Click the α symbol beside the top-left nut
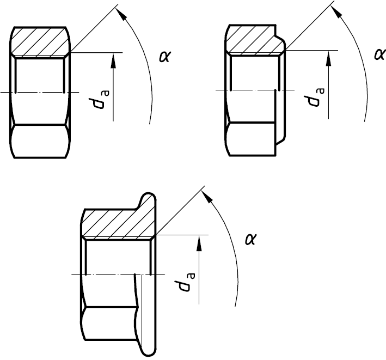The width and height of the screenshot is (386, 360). (165, 57)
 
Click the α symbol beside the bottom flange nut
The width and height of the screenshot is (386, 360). (251, 239)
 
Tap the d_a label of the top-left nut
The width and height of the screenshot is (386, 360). (99, 100)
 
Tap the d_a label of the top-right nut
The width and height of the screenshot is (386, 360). (314, 97)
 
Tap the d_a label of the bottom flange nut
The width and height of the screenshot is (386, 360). (185, 282)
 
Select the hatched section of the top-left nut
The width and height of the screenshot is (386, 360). (41, 42)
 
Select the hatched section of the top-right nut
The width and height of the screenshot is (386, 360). (255, 40)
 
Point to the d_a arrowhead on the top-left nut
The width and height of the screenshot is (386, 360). (113, 61)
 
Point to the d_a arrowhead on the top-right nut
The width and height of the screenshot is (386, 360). (328, 59)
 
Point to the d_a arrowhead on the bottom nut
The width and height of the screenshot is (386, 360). (199, 243)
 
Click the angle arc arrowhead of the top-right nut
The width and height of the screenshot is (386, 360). (336, 11)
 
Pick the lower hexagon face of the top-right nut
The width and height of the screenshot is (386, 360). (250, 139)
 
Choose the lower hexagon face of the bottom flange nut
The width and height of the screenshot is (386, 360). (109, 324)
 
